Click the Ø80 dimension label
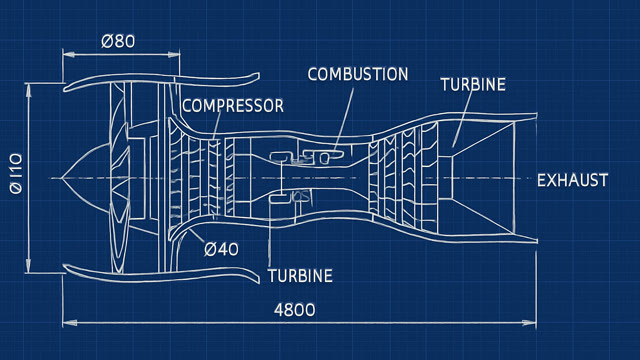click(x=118, y=41)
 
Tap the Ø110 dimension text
click(x=16, y=173)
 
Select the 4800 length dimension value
click(x=295, y=310)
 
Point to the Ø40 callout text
click(x=221, y=249)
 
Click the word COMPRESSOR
click(x=233, y=106)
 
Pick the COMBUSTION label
click(x=358, y=74)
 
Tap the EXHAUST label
click(x=572, y=180)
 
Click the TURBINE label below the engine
click(x=300, y=276)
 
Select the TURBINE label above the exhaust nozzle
click(x=473, y=84)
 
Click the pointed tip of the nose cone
click(x=62, y=178)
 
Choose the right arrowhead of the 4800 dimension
click(x=530, y=323)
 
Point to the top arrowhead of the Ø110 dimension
click(x=28, y=91)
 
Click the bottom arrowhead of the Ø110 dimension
click(x=28, y=266)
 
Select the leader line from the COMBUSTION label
click(x=344, y=120)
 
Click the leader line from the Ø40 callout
click(x=196, y=236)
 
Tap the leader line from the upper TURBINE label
click(x=463, y=117)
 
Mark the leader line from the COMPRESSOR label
click(x=217, y=125)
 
